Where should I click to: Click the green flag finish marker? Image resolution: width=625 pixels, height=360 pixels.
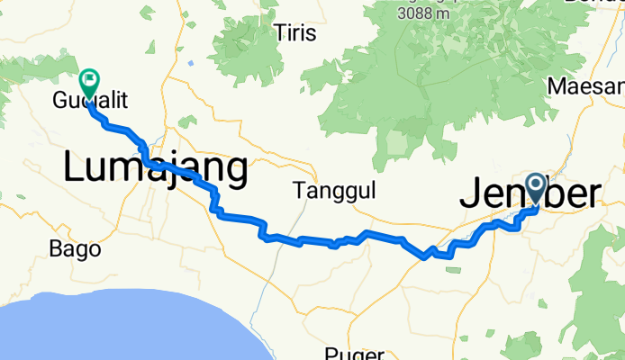(90, 82)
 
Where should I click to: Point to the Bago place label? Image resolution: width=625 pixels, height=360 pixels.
(75, 249)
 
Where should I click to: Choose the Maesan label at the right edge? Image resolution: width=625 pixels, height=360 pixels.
(585, 86)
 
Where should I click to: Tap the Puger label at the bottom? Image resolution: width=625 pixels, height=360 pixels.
(357, 354)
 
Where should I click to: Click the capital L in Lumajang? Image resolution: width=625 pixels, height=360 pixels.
(74, 167)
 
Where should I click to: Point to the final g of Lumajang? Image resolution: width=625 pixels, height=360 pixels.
(235, 171)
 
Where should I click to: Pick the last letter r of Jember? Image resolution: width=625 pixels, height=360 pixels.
(592, 194)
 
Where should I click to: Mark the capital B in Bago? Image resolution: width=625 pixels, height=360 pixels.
(57, 249)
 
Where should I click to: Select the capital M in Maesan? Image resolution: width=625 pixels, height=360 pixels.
(557, 86)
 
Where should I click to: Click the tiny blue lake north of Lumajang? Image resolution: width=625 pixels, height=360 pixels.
(191, 63)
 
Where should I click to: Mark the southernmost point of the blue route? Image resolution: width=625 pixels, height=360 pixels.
(423, 258)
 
